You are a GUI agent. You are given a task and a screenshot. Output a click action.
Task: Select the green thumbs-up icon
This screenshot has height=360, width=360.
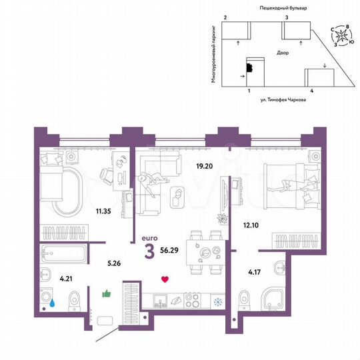pyautogui.click(x=105, y=293)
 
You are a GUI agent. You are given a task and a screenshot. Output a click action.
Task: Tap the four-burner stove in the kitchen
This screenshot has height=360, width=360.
pyautogui.click(x=191, y=300)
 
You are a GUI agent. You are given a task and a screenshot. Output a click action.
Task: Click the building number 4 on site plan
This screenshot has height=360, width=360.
pyautogui.click(x=311, y=89)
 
